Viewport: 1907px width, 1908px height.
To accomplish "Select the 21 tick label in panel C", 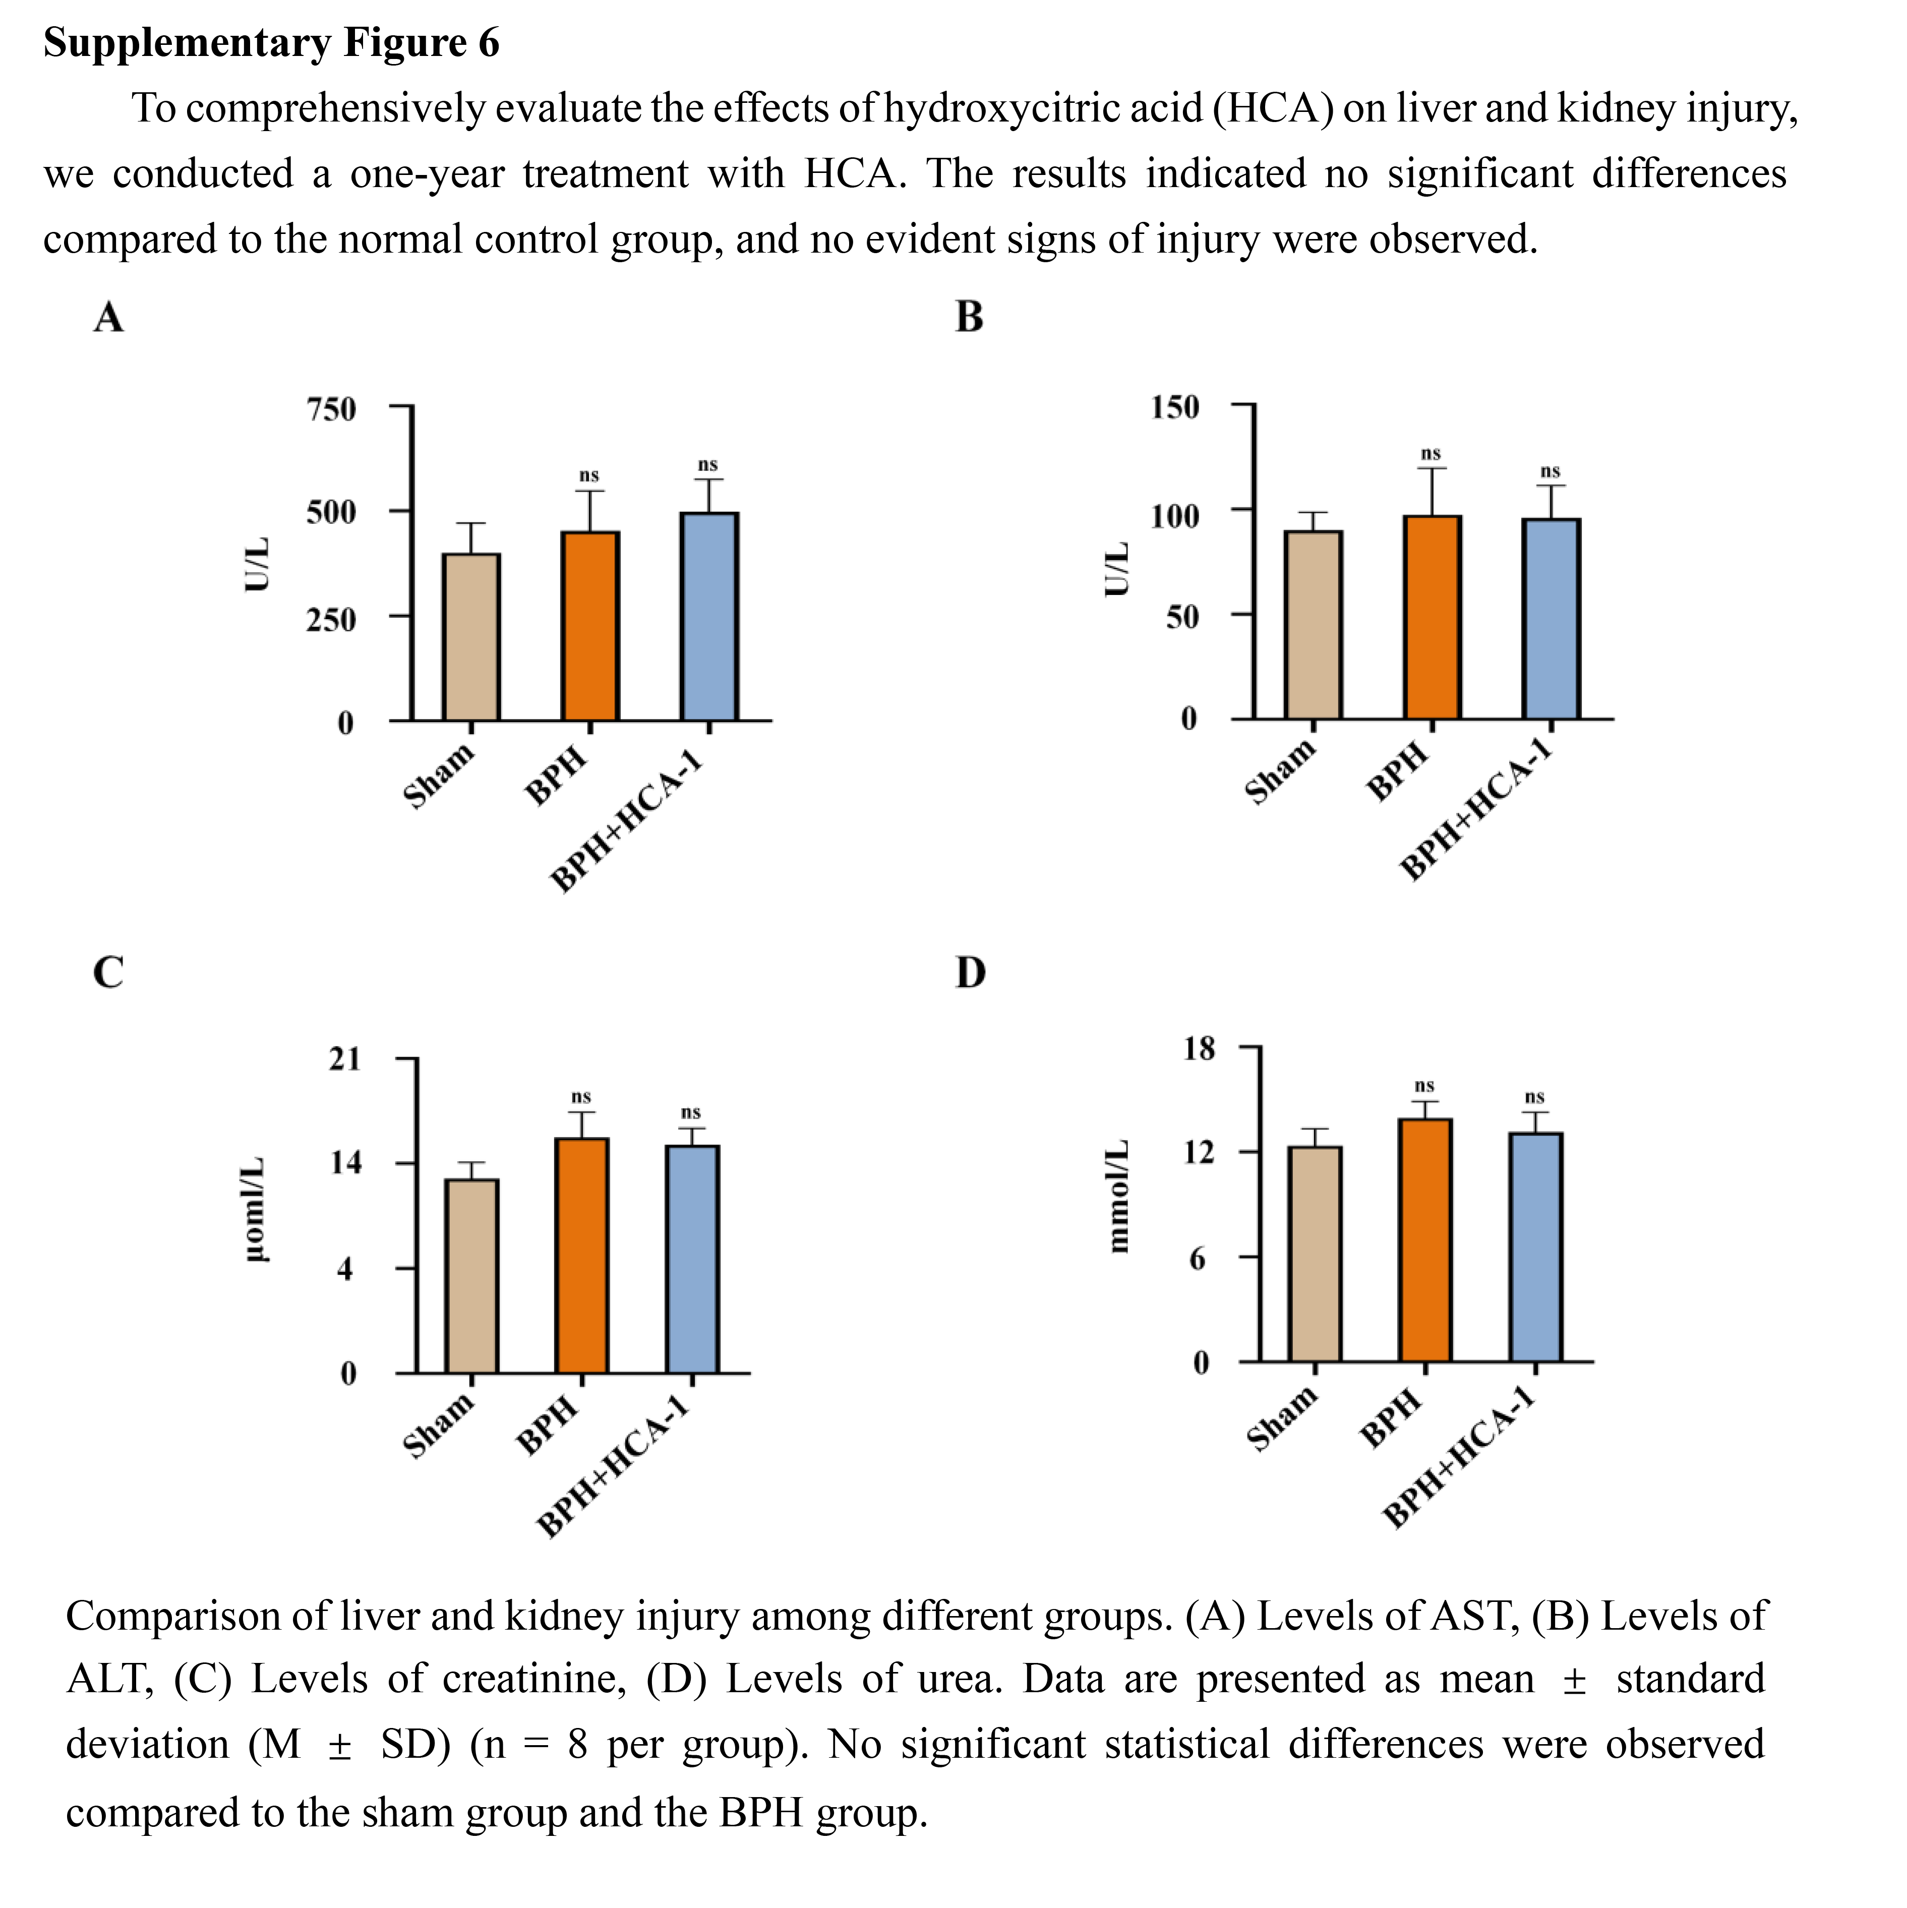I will [x=345, y=1060].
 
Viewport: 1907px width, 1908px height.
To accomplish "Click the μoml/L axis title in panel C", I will [x=255, y=1210].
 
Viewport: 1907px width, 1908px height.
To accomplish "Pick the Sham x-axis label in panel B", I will [x=1280, y=771].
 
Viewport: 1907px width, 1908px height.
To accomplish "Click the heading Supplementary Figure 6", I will [x=272, y=42].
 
